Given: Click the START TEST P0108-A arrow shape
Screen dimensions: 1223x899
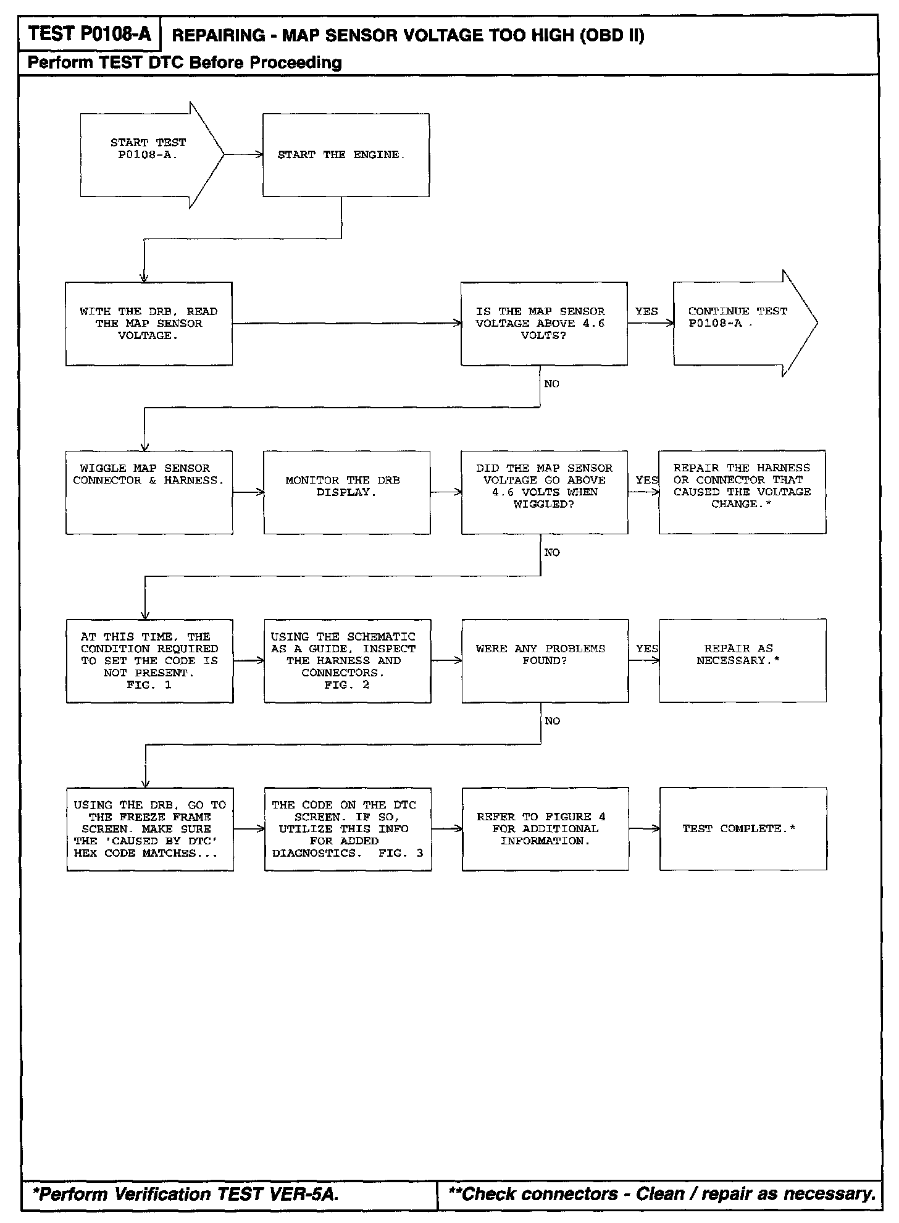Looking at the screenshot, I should click(148, 155).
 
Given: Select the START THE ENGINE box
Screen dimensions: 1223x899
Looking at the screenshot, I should click(346, 155).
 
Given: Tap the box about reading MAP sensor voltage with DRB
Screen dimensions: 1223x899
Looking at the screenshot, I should click(149, 324).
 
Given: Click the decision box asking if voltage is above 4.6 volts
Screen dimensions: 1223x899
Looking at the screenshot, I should click(544, 324).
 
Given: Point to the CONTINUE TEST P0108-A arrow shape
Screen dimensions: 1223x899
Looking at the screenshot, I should click(741, 323).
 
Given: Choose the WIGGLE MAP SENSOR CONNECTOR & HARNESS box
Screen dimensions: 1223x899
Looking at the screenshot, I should click(149, 492).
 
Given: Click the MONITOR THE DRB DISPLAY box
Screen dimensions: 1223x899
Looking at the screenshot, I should click(346, 492).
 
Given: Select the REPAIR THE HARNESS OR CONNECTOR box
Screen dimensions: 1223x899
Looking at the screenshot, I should click(742, 492).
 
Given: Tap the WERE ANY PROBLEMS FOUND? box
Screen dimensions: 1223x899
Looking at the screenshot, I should click(545, 660).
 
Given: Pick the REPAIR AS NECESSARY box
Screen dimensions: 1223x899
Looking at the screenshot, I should click(742, 660).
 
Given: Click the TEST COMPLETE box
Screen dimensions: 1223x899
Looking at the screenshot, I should click(742, 829).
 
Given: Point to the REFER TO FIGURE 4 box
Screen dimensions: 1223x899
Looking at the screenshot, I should click(545, 829).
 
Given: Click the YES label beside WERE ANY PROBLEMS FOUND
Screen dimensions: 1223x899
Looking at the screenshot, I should click(646, 649).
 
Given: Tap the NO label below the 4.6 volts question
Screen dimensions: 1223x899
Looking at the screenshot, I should click(551, 384).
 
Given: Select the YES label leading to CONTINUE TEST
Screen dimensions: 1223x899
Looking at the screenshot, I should click(646, 311).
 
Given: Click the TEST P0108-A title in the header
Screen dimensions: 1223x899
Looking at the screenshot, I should click(90, 33).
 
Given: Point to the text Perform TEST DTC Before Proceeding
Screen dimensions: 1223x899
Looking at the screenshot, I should click(185, 62).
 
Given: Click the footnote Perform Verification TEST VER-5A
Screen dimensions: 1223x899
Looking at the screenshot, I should click(186, 1194).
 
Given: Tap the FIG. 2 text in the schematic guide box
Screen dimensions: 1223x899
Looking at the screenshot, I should click(346, 685).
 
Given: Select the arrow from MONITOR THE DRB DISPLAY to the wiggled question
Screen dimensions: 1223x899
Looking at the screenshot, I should click(446, 492).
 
